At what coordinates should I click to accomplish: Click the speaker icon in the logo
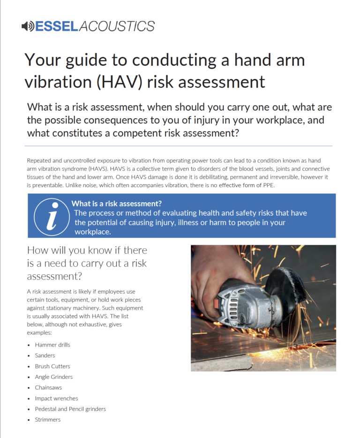pos(28,26)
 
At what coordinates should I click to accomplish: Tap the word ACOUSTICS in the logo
pos(117,26)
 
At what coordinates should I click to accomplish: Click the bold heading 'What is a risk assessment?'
pos(117,204)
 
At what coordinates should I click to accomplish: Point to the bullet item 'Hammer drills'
pos(52,345)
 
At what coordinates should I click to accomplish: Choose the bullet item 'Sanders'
pos(45,355)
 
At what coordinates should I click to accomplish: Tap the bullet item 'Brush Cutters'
pos(52,366)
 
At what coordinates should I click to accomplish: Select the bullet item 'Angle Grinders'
pos(54,377)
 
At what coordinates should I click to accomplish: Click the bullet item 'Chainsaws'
pos(48,388)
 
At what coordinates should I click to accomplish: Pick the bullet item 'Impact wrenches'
pos(56,399)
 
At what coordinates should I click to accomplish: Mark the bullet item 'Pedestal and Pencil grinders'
pos(70,409)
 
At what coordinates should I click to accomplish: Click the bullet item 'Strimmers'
pos(48,420)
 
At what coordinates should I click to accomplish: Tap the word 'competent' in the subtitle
pos(140,133)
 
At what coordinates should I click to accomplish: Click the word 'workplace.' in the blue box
pos(93,232)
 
